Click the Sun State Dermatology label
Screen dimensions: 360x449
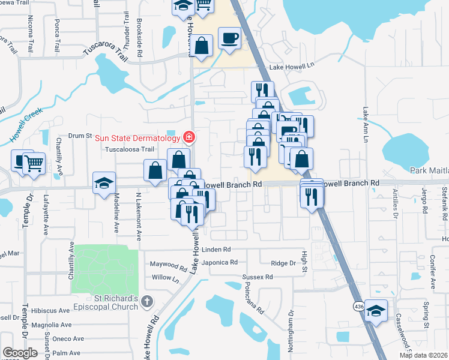click(x=138, y=138)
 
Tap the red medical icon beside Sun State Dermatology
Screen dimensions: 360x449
click(x=189, y=138)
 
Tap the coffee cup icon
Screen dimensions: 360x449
click(x=230, y=39)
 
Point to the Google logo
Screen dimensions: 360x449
click(x=20, y=353)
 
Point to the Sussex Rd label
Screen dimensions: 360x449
click(x=258, y=277)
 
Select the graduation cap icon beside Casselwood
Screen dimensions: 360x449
click(x=376, y=311)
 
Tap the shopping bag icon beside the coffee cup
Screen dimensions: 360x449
click(x=203, y=46)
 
